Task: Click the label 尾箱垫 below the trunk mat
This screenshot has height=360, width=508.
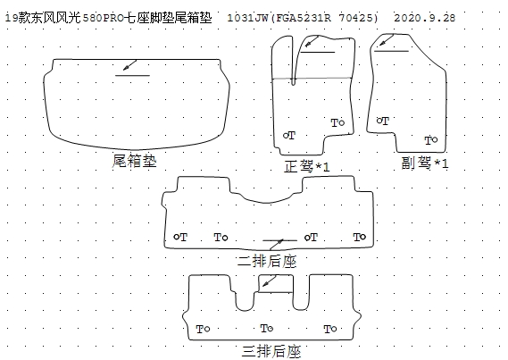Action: [135, 161]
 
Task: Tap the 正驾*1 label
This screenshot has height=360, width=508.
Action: [307, 166]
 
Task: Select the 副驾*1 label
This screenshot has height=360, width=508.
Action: [425, 163]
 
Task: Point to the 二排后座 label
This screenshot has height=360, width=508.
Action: [267, 262]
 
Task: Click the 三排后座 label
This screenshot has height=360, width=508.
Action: [271, 351]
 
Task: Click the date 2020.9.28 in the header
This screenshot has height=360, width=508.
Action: [424, 18]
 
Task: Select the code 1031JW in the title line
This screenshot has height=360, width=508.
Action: [247, 18]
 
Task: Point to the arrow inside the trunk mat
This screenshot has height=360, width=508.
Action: [129, 65]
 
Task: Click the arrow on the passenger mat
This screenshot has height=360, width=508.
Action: [387, 40]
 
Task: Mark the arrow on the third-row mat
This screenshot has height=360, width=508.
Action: [269, 280]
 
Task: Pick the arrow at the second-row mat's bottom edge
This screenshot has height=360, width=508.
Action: [277, 245]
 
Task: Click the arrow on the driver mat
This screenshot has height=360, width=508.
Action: [312, 41]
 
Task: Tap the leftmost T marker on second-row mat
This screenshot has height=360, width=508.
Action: [180, 238]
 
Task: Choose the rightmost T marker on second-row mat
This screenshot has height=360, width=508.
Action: [360, 238]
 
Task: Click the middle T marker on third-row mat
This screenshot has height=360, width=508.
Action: [267, 329]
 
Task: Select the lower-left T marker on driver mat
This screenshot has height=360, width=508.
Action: [289, 135]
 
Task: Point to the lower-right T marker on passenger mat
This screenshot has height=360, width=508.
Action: [431, 140]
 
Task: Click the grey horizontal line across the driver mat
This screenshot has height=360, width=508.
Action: [312, 78]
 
